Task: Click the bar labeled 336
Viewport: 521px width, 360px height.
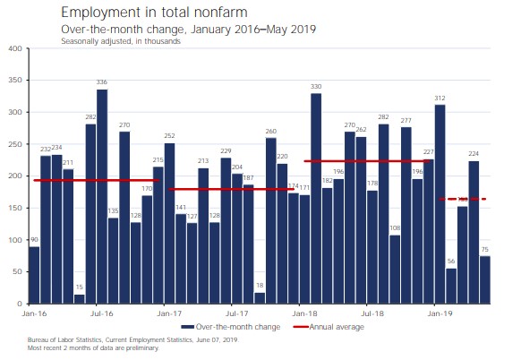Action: (x=102, y=197)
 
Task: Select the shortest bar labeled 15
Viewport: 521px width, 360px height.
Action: (x=80, y=299)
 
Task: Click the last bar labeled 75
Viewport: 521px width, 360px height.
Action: (x=484, y=280)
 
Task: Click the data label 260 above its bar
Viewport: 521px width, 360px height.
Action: (x=271, y=132)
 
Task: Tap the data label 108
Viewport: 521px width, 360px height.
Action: (x=395, y=228)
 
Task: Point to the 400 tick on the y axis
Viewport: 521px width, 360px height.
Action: (x=15, y=48)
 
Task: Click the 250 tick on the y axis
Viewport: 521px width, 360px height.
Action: (x=15, y=144)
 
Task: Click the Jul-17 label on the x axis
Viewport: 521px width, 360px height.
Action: (x=236, y=314)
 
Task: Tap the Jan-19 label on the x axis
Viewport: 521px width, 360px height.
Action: (x=439, y=314)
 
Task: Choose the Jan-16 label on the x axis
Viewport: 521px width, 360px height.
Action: (x=34, y=314)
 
